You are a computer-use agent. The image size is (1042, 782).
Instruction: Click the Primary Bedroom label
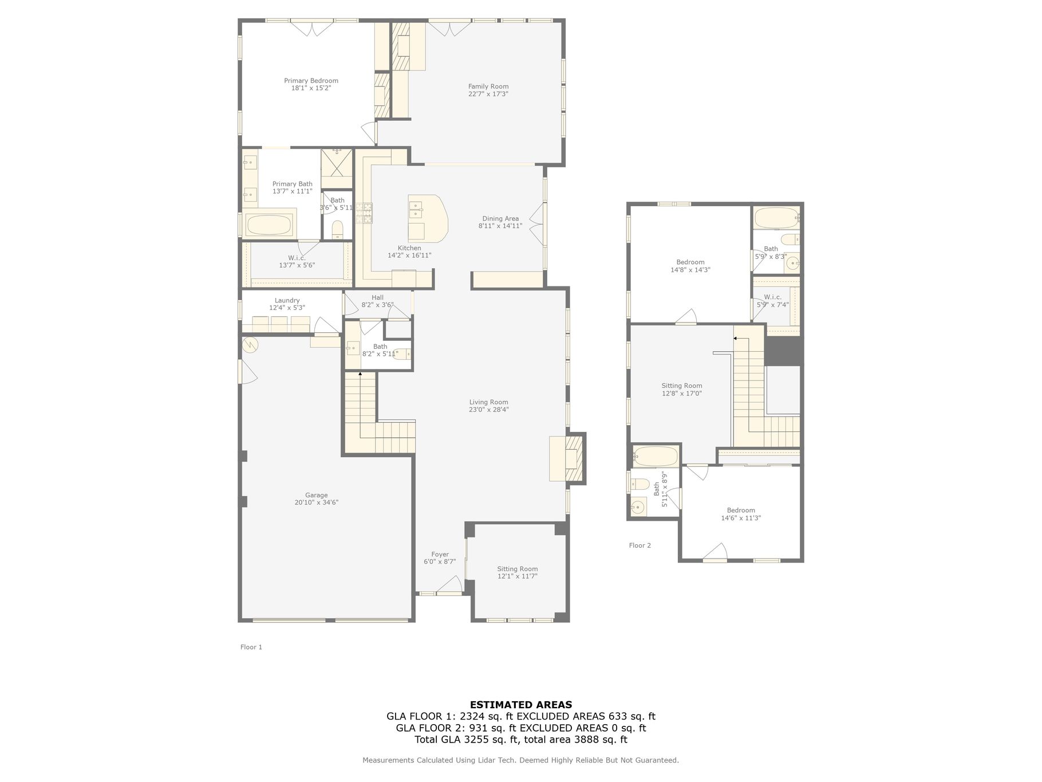coord(311,81)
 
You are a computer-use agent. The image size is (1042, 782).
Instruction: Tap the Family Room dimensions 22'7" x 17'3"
coord(488,94)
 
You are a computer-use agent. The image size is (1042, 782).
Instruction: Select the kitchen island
coord(427,218)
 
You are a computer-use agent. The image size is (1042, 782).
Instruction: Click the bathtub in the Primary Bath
coord(269,225)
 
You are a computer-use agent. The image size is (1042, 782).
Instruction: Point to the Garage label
coord(316,495)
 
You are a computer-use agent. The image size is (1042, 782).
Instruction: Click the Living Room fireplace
coord(567,458)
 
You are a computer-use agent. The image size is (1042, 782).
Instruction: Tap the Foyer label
coord(440,555)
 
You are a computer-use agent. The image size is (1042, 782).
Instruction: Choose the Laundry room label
coord(287,300)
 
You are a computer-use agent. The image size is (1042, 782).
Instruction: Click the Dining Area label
coord(500,218)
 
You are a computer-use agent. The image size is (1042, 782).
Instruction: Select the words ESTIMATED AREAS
coord(520,705)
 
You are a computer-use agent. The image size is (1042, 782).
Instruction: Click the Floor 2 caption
coord(640,545)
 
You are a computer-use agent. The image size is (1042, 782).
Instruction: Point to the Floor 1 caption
coord(251,647)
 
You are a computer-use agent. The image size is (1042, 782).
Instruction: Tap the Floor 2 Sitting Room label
coord(681,386)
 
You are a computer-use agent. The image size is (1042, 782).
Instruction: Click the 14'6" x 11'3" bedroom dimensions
coord(741,518)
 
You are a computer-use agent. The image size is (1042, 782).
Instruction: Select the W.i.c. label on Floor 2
coord(772,297)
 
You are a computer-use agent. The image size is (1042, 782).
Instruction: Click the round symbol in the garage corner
coord(250,344)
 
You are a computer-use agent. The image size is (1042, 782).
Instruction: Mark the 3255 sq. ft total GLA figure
coord(491,740)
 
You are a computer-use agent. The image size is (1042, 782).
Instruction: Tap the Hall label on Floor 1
coord(377,297)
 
